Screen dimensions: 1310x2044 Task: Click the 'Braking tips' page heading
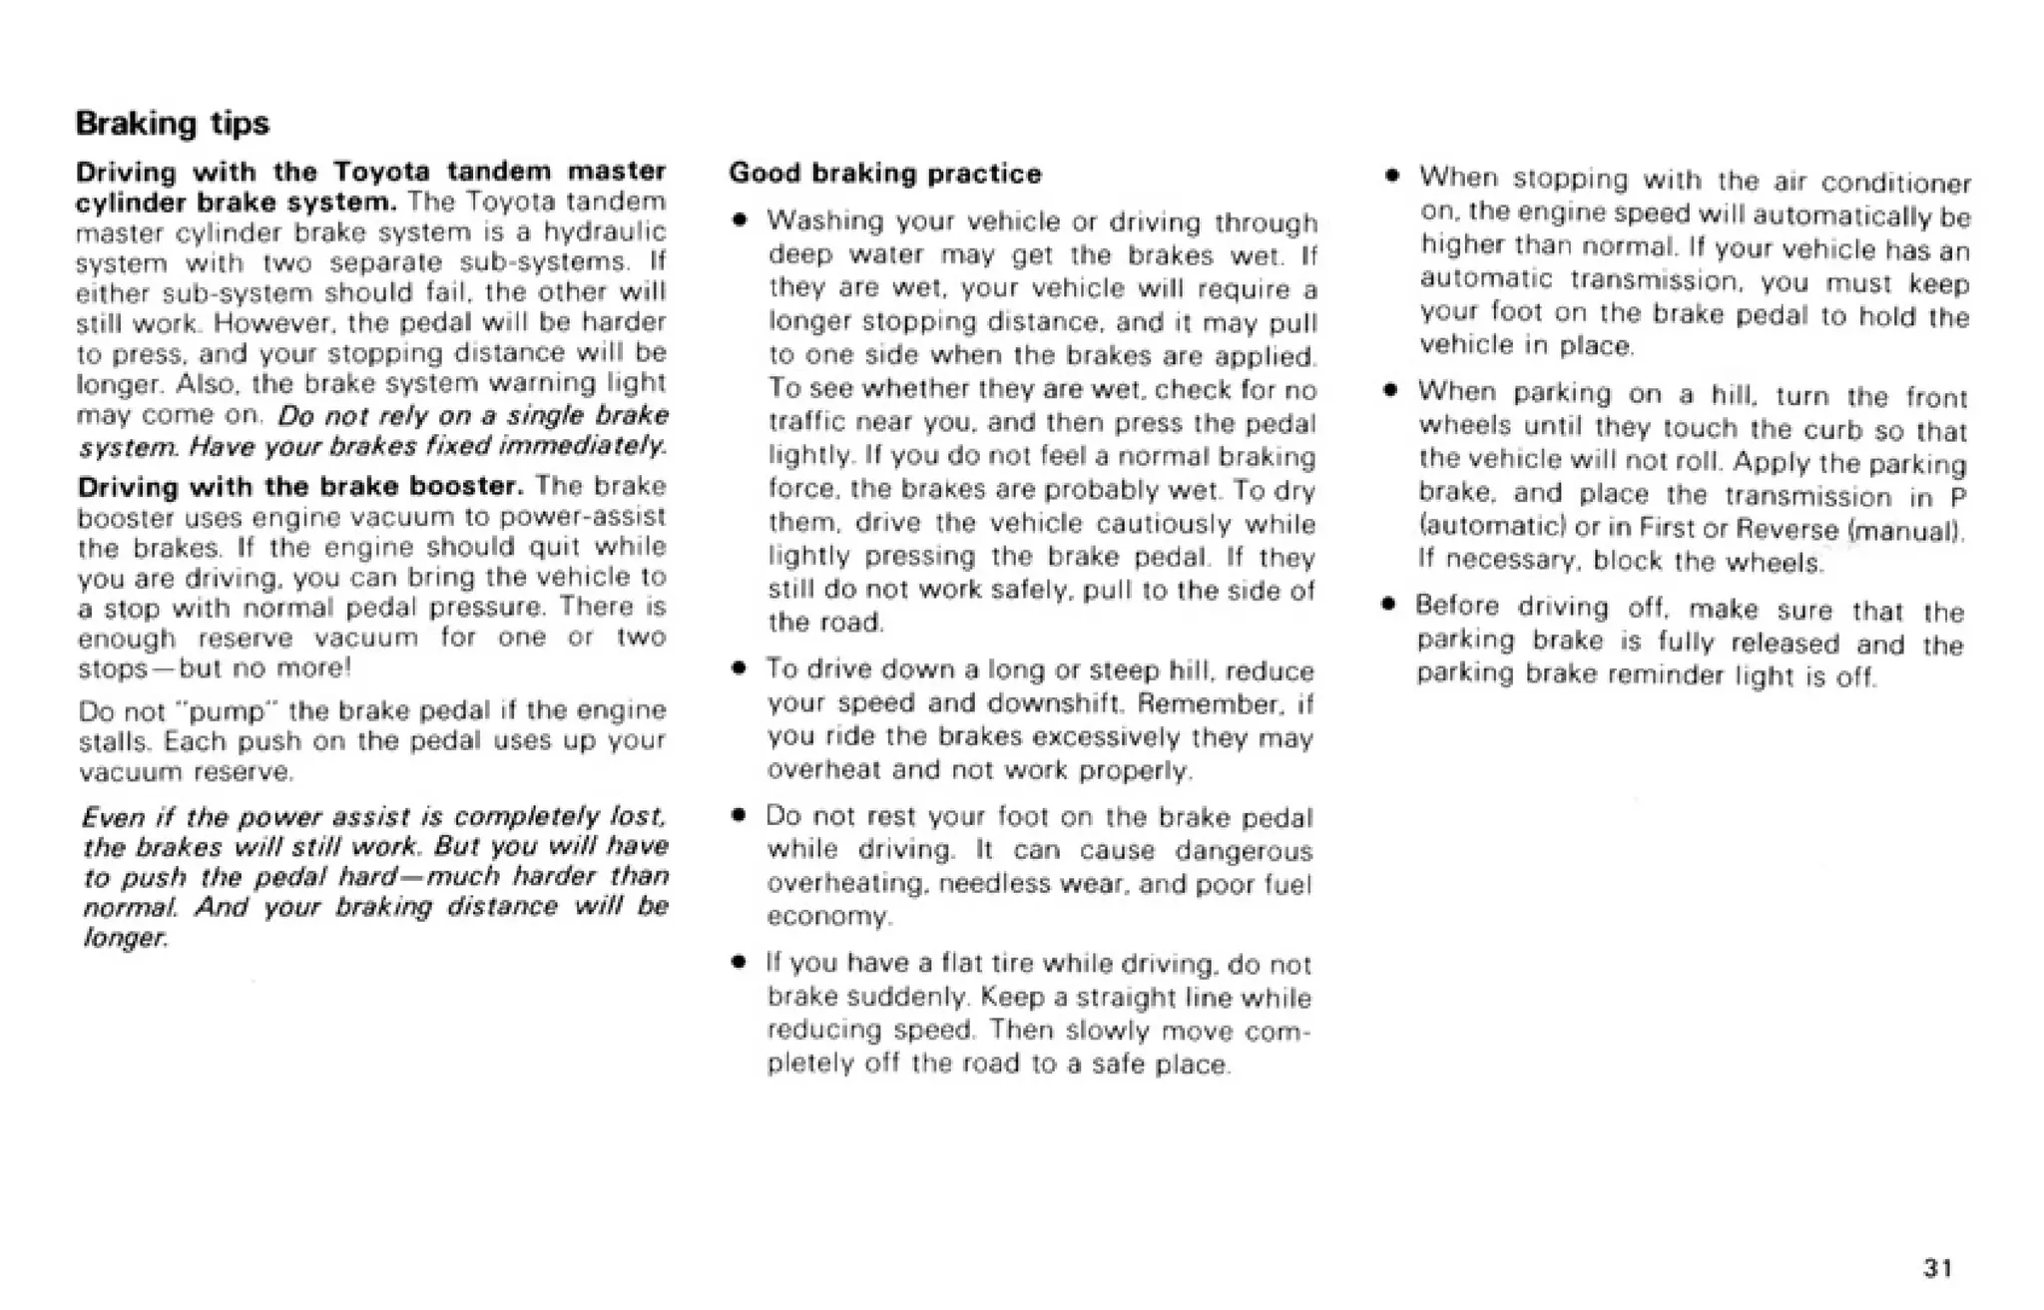point(173,124)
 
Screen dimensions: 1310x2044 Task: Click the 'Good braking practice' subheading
point(884,174)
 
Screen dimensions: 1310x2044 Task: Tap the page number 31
point(1937,1267)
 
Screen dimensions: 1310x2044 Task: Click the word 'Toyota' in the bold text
point(380,171)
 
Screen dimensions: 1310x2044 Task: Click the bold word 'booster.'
point(467,486)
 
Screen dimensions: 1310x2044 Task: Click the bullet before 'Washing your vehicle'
point(738,219)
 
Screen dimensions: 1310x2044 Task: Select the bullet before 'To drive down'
point(738,668)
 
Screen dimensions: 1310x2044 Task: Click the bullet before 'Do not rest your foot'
point(738,816)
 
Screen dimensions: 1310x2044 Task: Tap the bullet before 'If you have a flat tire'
point(738,964)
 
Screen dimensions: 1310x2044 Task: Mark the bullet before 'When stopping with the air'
point(1389,178)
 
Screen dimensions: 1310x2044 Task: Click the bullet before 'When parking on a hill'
point(1389,392)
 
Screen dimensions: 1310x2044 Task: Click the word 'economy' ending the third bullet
point(826,916)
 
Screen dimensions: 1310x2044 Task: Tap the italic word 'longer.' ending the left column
point(124,938)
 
